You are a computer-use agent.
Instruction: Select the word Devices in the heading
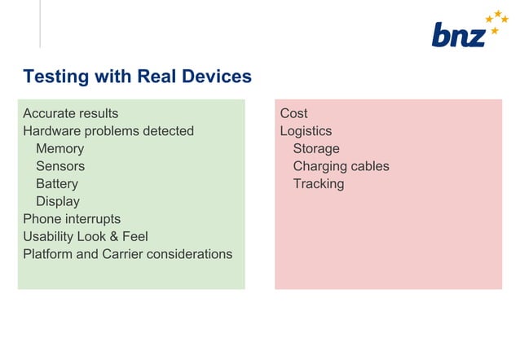click(218, 77)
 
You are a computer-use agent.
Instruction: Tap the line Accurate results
click(70, 113)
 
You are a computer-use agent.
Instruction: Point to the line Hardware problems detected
click(108, 131)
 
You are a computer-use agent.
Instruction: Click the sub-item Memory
click(59, 148)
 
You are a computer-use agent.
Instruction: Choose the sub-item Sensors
click(59, 166)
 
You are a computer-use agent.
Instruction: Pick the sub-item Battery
click(56, 184)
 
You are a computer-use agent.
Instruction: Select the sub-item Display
click(57, 201)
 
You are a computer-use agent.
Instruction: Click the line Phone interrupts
click(71, 219)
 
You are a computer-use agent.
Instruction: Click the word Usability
click(48, 237)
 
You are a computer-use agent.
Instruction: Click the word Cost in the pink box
click(293, 113)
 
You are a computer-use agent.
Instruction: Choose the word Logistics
click(306, 131)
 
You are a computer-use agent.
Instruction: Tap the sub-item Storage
click(316, 148)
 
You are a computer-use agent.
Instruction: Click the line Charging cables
click(341, 166)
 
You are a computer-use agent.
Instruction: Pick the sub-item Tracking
click(318, 184)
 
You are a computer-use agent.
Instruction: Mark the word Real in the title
click(157, 77)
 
